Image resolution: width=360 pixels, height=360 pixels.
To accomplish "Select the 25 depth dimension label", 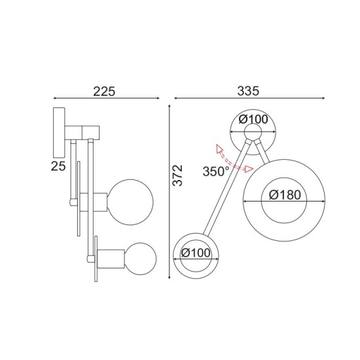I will tap(58, 166).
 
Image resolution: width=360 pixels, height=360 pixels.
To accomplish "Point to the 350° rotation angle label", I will tap(217, 172).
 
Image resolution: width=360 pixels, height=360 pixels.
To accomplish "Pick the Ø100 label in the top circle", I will tap(254, 119).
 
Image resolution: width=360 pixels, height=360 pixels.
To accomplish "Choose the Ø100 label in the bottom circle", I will tap(196, 253).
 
